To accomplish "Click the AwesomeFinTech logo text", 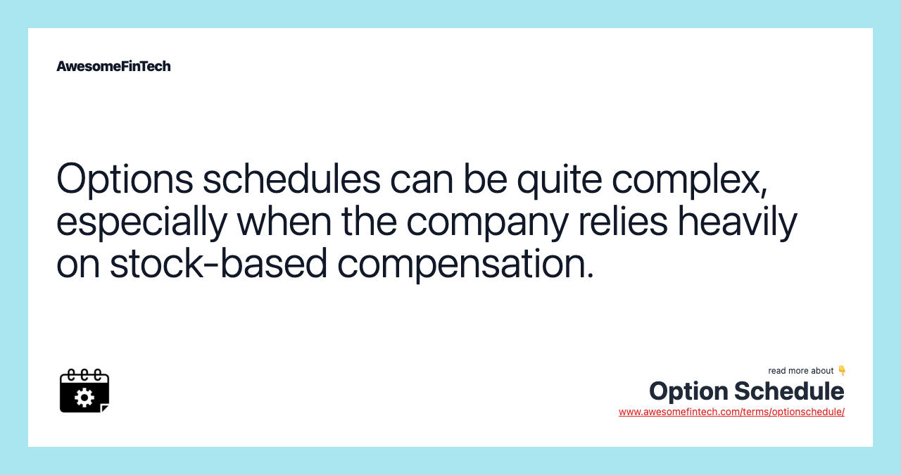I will (113, 66).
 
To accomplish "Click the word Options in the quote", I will (125, 179).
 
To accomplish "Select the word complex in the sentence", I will (689, 180).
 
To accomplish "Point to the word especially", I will (141, 222).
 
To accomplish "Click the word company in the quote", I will (487, 222).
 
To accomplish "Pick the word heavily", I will (737, 221).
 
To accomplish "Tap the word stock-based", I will (219, 263).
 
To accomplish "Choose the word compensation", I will (465, 265).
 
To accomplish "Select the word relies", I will (623, 221).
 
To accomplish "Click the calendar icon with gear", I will (84, 391).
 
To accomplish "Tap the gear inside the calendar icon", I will (84, 398).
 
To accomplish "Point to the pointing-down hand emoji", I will (841, 371).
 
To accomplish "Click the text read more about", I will (801, 371).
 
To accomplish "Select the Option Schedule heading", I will (746, 391).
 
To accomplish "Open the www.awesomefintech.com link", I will (731, 412).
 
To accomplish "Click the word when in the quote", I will (285, 221).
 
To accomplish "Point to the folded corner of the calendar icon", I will (105, 408).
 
